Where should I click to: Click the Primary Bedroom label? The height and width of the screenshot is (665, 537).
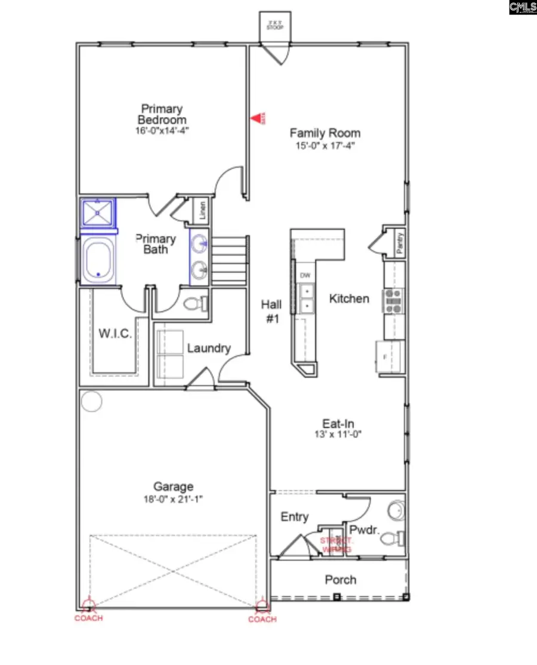tap(162, 114)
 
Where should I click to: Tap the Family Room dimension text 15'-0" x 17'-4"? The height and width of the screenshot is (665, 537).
tap(325, 145)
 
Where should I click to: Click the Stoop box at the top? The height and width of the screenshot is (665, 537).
tap(275, 25)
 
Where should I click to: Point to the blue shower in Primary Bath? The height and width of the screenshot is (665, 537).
tap(98, 213)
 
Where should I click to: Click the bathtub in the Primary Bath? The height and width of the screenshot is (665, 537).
tap(98, 260)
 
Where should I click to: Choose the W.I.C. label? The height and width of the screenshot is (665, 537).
tap(115, 333)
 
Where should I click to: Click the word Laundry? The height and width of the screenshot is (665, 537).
tap(208, 348)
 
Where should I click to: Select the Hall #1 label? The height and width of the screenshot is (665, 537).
tap(271, 311)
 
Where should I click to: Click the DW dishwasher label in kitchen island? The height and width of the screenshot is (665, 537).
tap(305, 275)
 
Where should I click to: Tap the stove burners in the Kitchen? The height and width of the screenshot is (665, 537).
tap(394, 301)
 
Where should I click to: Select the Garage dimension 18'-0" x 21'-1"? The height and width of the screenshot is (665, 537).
tap(173, 500)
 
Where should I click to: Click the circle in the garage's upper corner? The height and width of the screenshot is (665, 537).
tap(91, 402)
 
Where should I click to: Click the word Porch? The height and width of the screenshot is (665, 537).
tap(341, 580)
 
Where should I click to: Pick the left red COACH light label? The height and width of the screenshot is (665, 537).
tap(88, 618)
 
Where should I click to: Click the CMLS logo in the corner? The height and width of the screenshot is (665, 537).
tap(523, 7)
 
